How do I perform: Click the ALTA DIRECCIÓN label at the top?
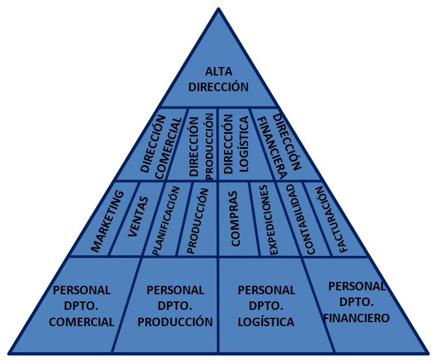point(218,78)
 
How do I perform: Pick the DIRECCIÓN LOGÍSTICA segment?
point(235,144)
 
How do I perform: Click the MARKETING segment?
point(107,221)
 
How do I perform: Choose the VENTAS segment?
point(138,218)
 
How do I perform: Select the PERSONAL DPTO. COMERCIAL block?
point(81,305)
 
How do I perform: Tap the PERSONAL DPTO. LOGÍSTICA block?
point(266,305)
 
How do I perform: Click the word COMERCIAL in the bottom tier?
point(81,322)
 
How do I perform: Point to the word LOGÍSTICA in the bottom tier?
point(266,322)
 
